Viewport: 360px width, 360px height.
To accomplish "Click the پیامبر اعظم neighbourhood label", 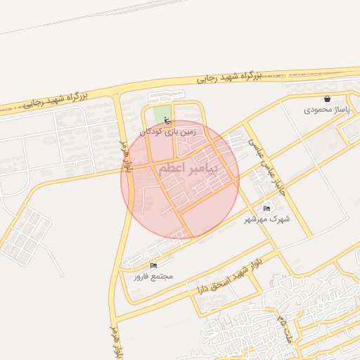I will (x=188, y=169).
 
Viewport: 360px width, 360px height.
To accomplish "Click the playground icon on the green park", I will (x=167, y=119).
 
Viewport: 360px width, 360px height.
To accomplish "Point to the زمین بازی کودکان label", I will (x=171, y=131).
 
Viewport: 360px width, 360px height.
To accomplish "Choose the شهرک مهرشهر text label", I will (x=267, y=219).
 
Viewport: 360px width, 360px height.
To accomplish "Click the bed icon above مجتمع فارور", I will (x=153, y=265).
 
